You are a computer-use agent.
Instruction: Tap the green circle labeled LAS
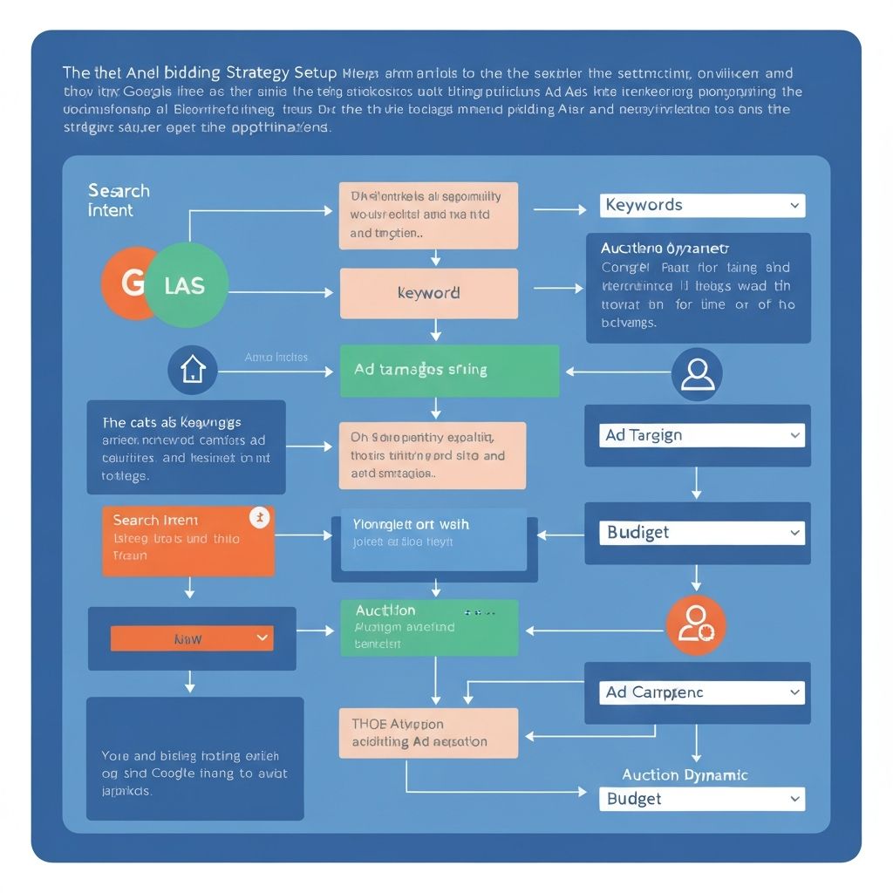tap(186, 284)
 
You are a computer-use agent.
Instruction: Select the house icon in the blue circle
tap(192, 370)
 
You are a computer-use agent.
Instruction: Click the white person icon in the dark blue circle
tap(697, 374)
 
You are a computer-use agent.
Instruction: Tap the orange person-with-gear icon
tap(696, 624)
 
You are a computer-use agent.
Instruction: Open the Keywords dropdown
tap(702, 206)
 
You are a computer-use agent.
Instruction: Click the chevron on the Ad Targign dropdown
tap(794, 435)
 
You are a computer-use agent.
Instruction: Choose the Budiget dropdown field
tap(702, 533)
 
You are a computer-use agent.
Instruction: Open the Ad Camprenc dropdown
tap(702, 692)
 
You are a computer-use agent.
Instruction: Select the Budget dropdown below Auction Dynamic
tap(702, 799)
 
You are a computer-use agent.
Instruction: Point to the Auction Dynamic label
tap(685, 774)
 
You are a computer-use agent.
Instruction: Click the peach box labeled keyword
tap(428, 293)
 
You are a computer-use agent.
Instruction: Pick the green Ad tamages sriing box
tap(449, 371)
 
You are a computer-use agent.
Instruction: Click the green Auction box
tap(429, 627)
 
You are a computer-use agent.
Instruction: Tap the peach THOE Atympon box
tap(428, 733)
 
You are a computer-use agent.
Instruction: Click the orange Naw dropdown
tap(192, 638)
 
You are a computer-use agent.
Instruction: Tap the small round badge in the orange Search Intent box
tap(259, 517)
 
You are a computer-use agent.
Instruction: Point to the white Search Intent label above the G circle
tap(119, 201)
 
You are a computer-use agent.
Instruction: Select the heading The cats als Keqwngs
tap(172, 422)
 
